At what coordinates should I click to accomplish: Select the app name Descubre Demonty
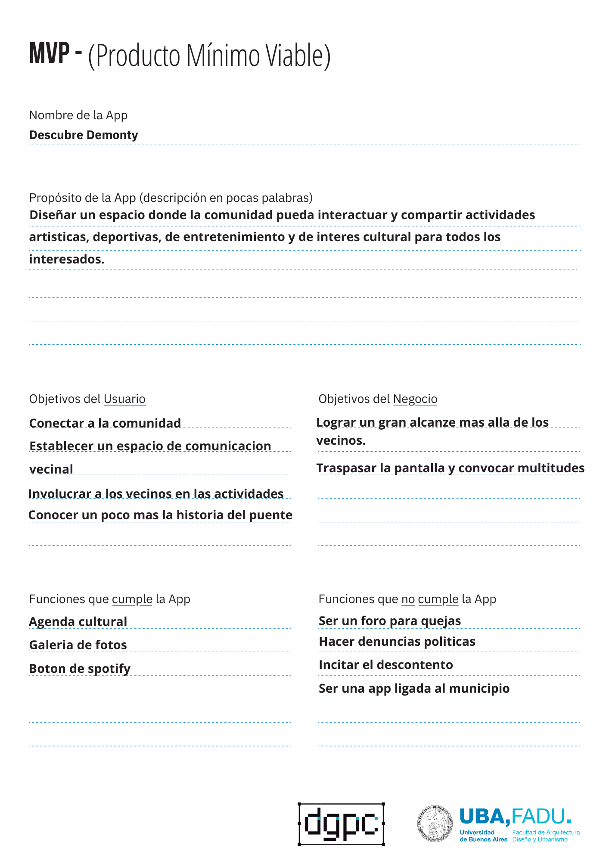pos(84,135)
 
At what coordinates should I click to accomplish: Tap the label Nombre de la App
pos(78,115)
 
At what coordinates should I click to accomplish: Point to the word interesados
pos(67,260)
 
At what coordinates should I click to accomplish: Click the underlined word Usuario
pos(124,399)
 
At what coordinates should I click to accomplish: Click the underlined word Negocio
pos(415,399)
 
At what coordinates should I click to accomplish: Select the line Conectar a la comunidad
pos(105,423)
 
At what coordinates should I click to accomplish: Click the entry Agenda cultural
pos(78,622)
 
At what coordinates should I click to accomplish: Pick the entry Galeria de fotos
pos(78,645)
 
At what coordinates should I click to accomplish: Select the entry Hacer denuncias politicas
pos(397,641)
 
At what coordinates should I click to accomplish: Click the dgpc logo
pos(341,824)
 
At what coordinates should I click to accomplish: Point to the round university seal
pos(435,824)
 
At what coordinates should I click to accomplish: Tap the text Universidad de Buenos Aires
pos(483,836)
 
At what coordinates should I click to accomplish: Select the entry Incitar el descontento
pos(386,665)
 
